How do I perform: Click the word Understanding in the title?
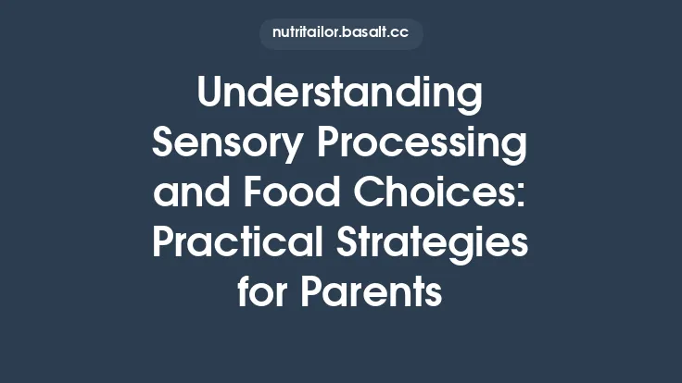click(x=340, y=94)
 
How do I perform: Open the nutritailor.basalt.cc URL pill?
click(x=340, y=32)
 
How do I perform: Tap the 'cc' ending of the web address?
click(x=401, y=32)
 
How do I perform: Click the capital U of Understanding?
click(x=212, y=94)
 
